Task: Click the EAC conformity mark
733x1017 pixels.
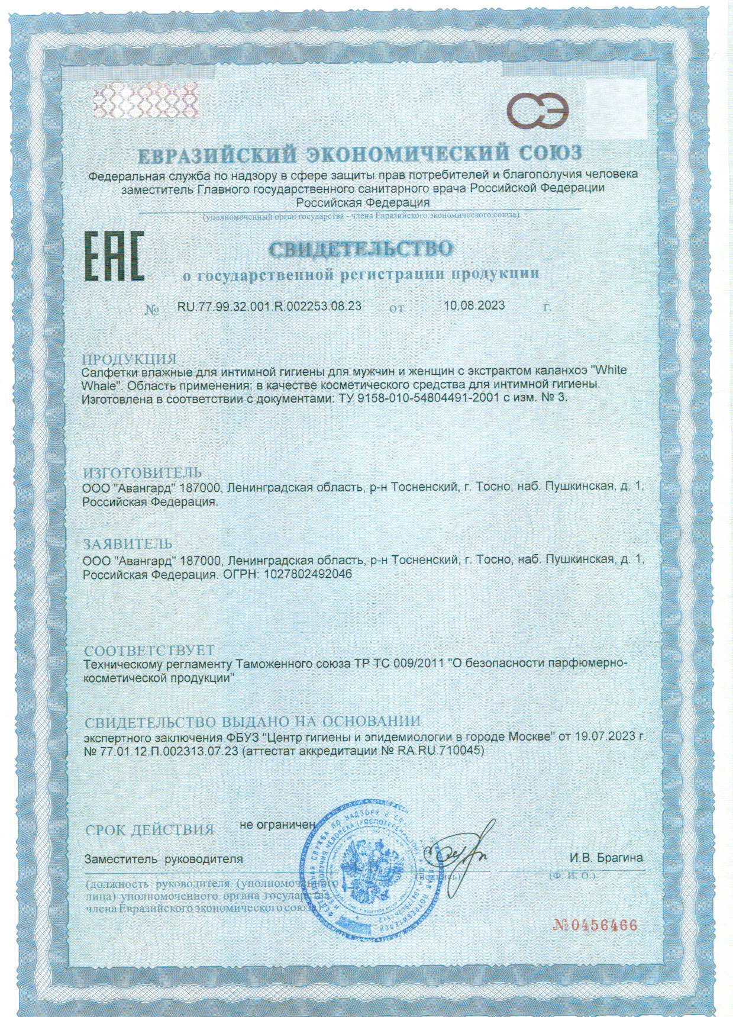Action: [116, 257]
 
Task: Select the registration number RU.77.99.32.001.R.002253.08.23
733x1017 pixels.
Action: [269, 306]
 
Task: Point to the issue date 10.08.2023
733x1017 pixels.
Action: [474, 305]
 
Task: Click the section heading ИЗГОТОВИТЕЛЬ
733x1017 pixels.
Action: [142, 472]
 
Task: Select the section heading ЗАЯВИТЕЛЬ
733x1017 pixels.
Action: [127, 543]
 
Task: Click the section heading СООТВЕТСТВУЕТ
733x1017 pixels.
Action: [149, 651]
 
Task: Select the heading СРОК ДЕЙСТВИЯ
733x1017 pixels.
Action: [149, 829]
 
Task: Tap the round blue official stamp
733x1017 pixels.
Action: [367, 876]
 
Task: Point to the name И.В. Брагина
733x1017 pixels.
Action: [606, 858]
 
